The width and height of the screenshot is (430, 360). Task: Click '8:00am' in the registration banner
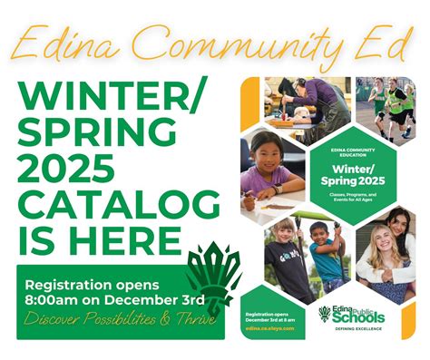[54, 297]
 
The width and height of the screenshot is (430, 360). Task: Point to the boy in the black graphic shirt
[287, 258]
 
